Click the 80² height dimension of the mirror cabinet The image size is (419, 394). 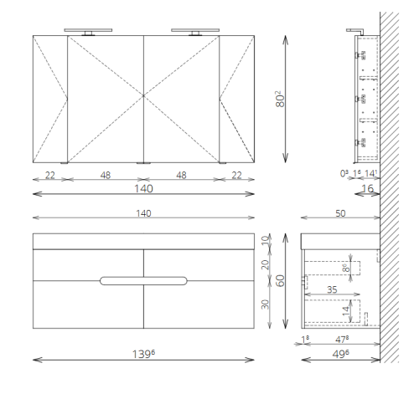[280, 99]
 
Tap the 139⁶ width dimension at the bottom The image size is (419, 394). [143, 354]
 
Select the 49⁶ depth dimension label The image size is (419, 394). [340, 354]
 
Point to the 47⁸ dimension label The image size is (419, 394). [342, 340]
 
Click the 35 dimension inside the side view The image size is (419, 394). [332, 289]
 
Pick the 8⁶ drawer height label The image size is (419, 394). [346, 268]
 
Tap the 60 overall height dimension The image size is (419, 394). [280, 280]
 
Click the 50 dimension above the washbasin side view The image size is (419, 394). [340, 213]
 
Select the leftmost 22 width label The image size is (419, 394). [50, 175]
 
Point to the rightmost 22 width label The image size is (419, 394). [236, 175]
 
